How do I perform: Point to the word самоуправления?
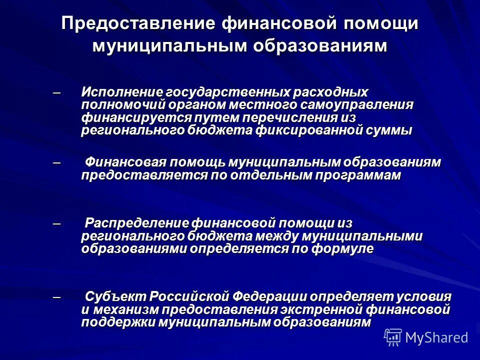tap(357, 105)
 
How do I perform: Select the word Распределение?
tap(136, 222)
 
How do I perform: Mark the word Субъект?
tap(110, 296)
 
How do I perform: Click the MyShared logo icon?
tap(393, 337)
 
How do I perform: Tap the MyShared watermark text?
tap(436, 338)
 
